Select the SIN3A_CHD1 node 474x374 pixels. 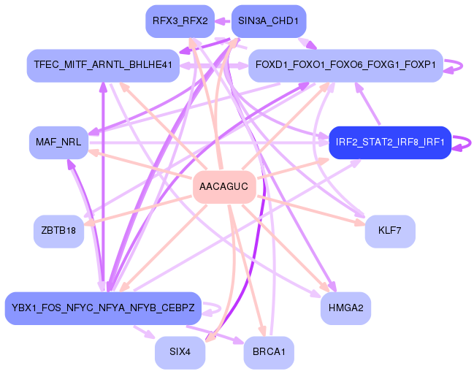coord(268,21)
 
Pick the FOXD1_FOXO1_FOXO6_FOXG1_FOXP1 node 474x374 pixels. coord(345,65)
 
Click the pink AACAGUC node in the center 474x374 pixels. coord(224,188)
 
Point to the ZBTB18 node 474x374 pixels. coord(58,231)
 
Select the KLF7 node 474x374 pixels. coord(390,231)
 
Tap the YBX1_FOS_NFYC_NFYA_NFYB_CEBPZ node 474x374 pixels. coord(103,308)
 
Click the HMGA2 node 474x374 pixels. coord(345,308)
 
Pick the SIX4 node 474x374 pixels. coord(180,352)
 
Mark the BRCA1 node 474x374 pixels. coord(269,352)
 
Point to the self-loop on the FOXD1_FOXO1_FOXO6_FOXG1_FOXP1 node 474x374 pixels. coord(456,65)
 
